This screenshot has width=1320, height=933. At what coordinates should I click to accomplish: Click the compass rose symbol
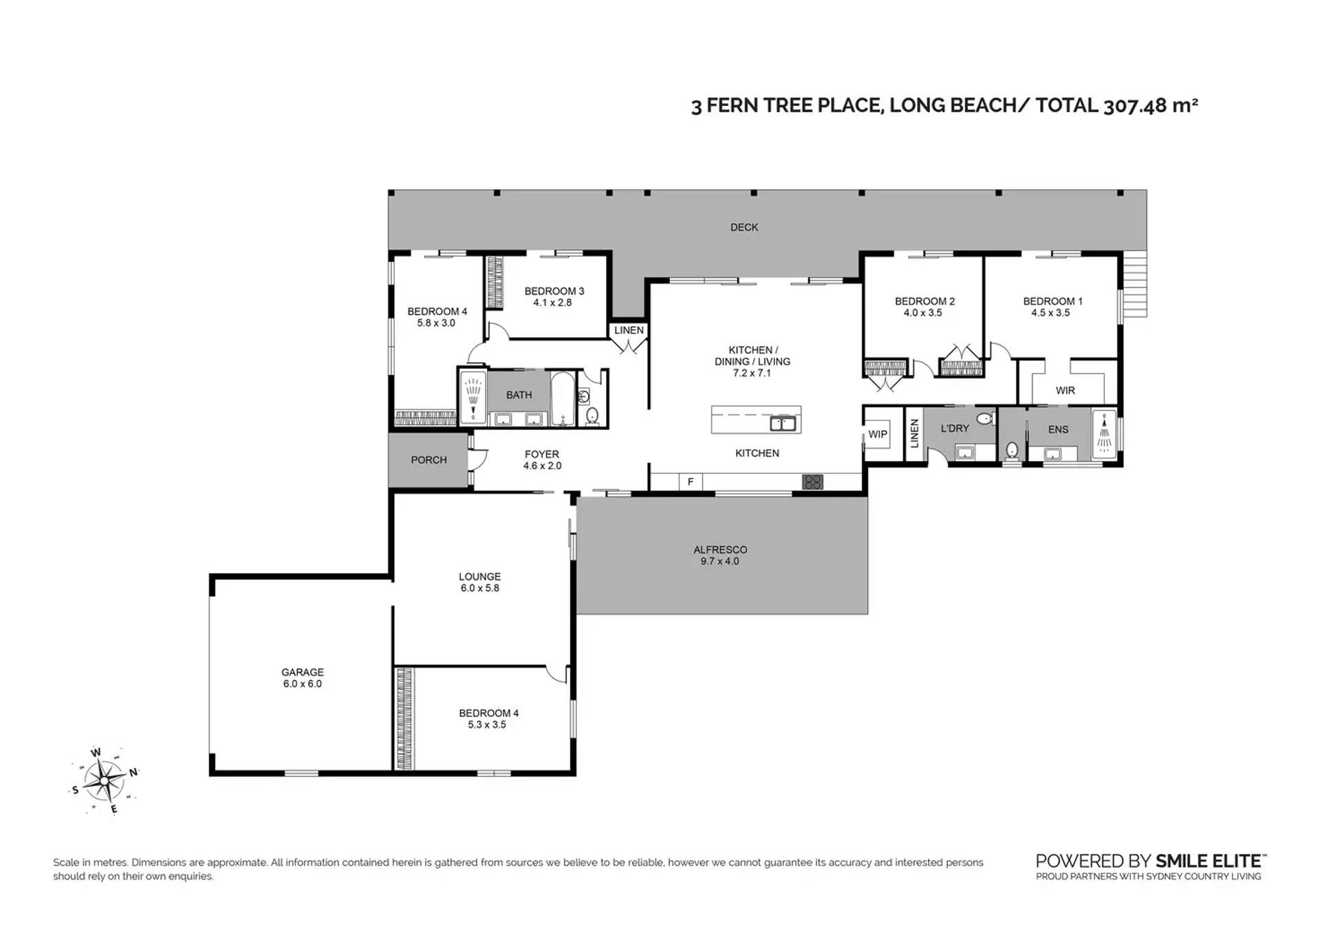(x=105, y=781)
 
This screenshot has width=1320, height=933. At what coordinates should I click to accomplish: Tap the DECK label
(x=744, y=227)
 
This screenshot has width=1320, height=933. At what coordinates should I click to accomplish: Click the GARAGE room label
(x=303, y=672)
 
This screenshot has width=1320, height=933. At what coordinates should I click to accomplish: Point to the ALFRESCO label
(x=720, y=550)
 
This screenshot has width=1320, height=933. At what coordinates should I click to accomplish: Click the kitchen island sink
(x=783, y=423)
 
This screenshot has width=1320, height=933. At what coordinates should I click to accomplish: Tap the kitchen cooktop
(x=812, y=482)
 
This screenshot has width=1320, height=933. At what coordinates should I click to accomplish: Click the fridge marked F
(x=691, y=482)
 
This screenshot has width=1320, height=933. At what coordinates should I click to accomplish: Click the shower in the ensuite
(x=1103, y=434)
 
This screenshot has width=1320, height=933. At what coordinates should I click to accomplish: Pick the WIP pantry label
(x=878, y=434)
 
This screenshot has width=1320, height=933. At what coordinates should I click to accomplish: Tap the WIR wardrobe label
(x=1065, y=390)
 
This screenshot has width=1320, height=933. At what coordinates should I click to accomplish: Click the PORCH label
(x=429, y=460)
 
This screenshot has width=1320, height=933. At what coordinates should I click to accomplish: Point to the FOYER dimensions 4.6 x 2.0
(x=542, y=466)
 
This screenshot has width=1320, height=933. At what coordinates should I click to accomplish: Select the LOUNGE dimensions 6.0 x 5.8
(x=480, y=588)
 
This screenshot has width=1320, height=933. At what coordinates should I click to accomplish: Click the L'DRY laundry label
(x=955, y=428)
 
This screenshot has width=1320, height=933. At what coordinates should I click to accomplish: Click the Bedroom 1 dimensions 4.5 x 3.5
(x=1050, y=312)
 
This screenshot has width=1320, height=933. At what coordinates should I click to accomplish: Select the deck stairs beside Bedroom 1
(x=1135, y=285)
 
